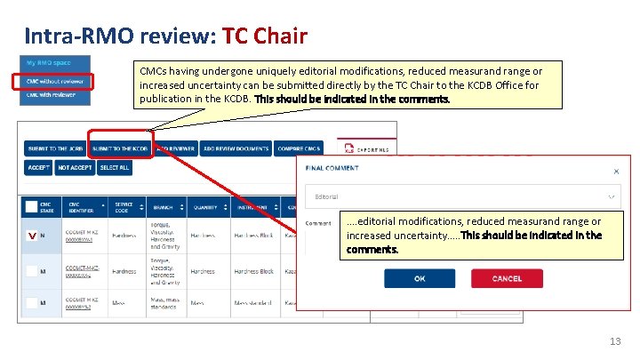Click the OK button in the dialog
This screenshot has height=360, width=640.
(x=420, y=278)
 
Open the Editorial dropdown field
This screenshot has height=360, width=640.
(x=462, y=196)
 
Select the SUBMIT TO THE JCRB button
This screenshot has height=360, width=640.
(x=55, y=148)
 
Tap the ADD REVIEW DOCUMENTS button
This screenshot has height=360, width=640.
(x=236, y=148)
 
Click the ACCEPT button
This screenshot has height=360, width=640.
(x=39, y=167)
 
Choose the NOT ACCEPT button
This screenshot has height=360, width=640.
(x=74, y=167)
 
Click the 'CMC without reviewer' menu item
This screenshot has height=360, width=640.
(x=56, y=81)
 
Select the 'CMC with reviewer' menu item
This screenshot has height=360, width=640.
(x=56, y=96)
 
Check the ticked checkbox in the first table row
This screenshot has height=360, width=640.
(x=32, y=236)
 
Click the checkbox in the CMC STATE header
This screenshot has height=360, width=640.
(x=32, y=205)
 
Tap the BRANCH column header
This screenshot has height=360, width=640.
(x=163, y=206)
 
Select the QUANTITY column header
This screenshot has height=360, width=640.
(x=204, y=206)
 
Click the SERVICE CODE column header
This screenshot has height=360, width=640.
(x=123, y=206)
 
